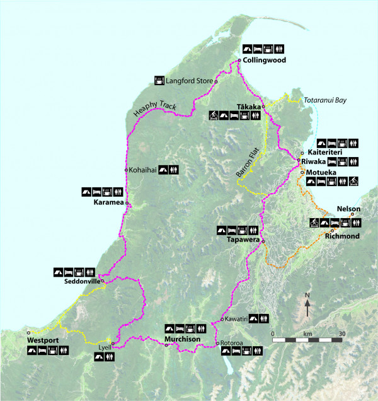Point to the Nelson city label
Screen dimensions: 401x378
click(348, 208)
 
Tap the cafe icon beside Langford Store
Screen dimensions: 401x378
click(159, 80)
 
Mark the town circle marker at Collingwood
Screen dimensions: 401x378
click(239, 61)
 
